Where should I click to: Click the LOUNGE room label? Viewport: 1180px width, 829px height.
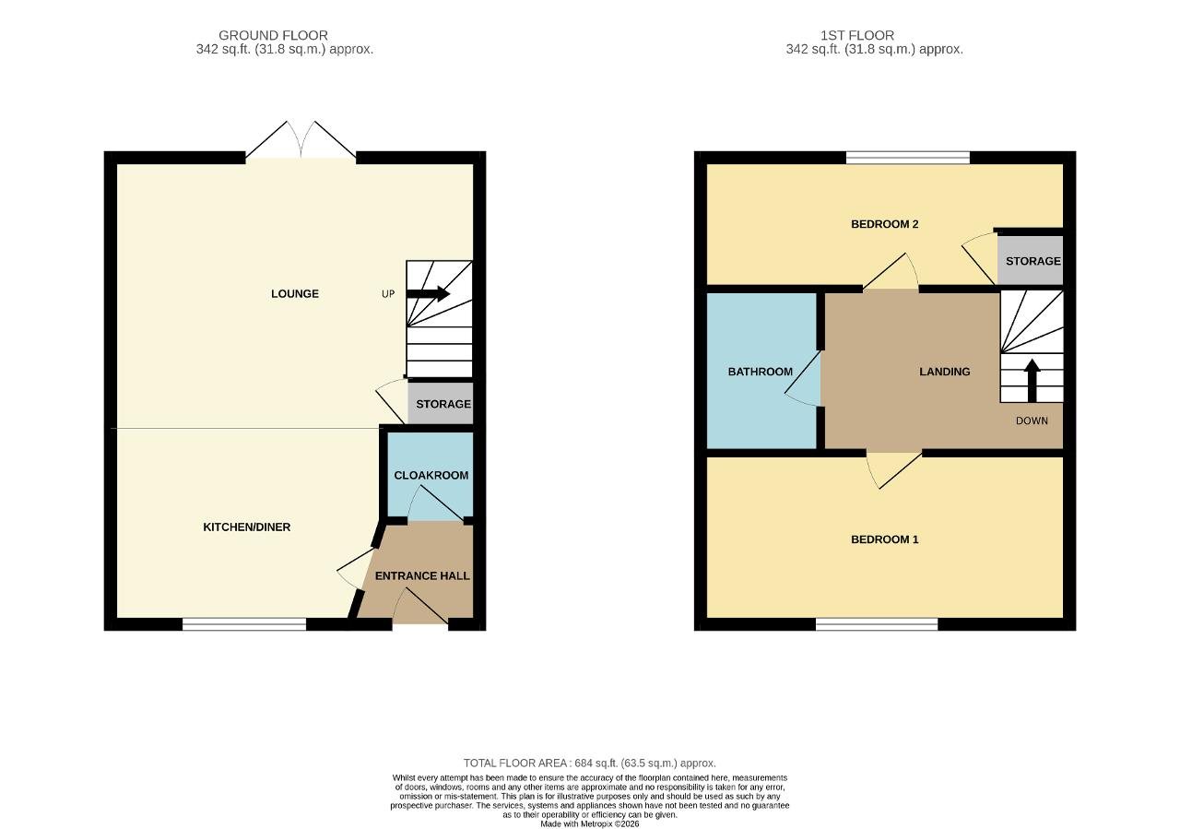tap(295, 294)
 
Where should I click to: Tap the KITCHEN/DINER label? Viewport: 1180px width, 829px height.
tap(247, 527)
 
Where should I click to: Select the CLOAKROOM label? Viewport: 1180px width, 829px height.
tap(431, 476)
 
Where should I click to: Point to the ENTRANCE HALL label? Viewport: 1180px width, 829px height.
tap(422, 576)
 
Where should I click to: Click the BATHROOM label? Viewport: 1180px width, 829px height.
tap(761, 372)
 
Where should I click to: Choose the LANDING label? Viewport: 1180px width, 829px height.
tap(945, 372)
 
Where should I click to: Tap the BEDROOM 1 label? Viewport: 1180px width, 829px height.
tap(885, 539)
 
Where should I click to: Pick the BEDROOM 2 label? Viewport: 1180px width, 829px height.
tap(885, 224)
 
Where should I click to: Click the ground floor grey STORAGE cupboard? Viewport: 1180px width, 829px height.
tap(441, 403)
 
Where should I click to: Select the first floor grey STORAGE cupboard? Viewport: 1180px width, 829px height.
tap(1030, 260)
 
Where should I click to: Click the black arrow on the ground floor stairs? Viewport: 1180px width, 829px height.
tap(429, 294)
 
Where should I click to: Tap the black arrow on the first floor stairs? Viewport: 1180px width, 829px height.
tap(1032, 381)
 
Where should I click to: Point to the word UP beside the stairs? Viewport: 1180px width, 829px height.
tap(388, 294)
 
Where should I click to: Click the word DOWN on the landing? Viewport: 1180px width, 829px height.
tap(1032, 420)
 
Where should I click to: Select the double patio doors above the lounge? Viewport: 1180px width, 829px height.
tap(301, 139)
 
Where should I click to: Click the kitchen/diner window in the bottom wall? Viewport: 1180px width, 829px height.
tap(244, 624)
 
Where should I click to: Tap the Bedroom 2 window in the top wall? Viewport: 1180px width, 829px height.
tap(908, 158)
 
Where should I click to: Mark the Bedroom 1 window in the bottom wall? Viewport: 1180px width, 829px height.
tap(877, 624)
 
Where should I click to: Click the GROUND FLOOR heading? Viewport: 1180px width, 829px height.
tap(274, 35)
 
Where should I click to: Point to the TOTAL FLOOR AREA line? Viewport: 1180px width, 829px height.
tap(589, 763)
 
